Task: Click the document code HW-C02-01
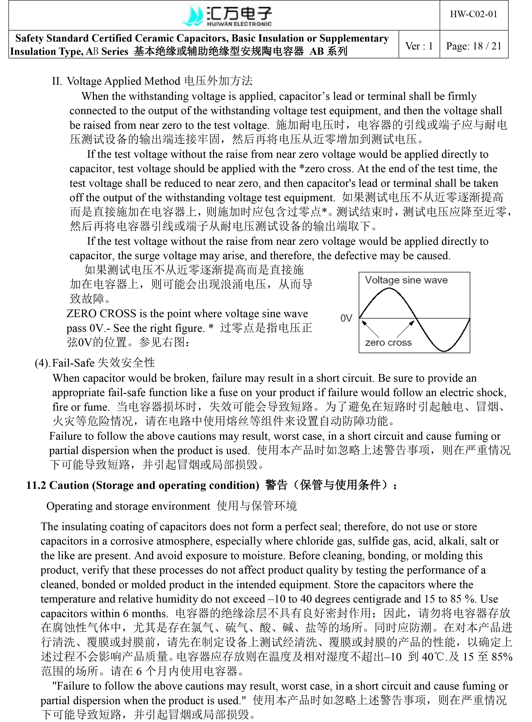coord(473,14)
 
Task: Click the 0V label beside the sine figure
coord(346,319)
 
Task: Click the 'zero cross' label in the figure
coord(388,342)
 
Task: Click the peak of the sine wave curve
coord(389,288)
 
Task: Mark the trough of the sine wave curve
coord(443,351)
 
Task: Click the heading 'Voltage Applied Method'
coord(123,81)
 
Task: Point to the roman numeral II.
coord(57,81)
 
